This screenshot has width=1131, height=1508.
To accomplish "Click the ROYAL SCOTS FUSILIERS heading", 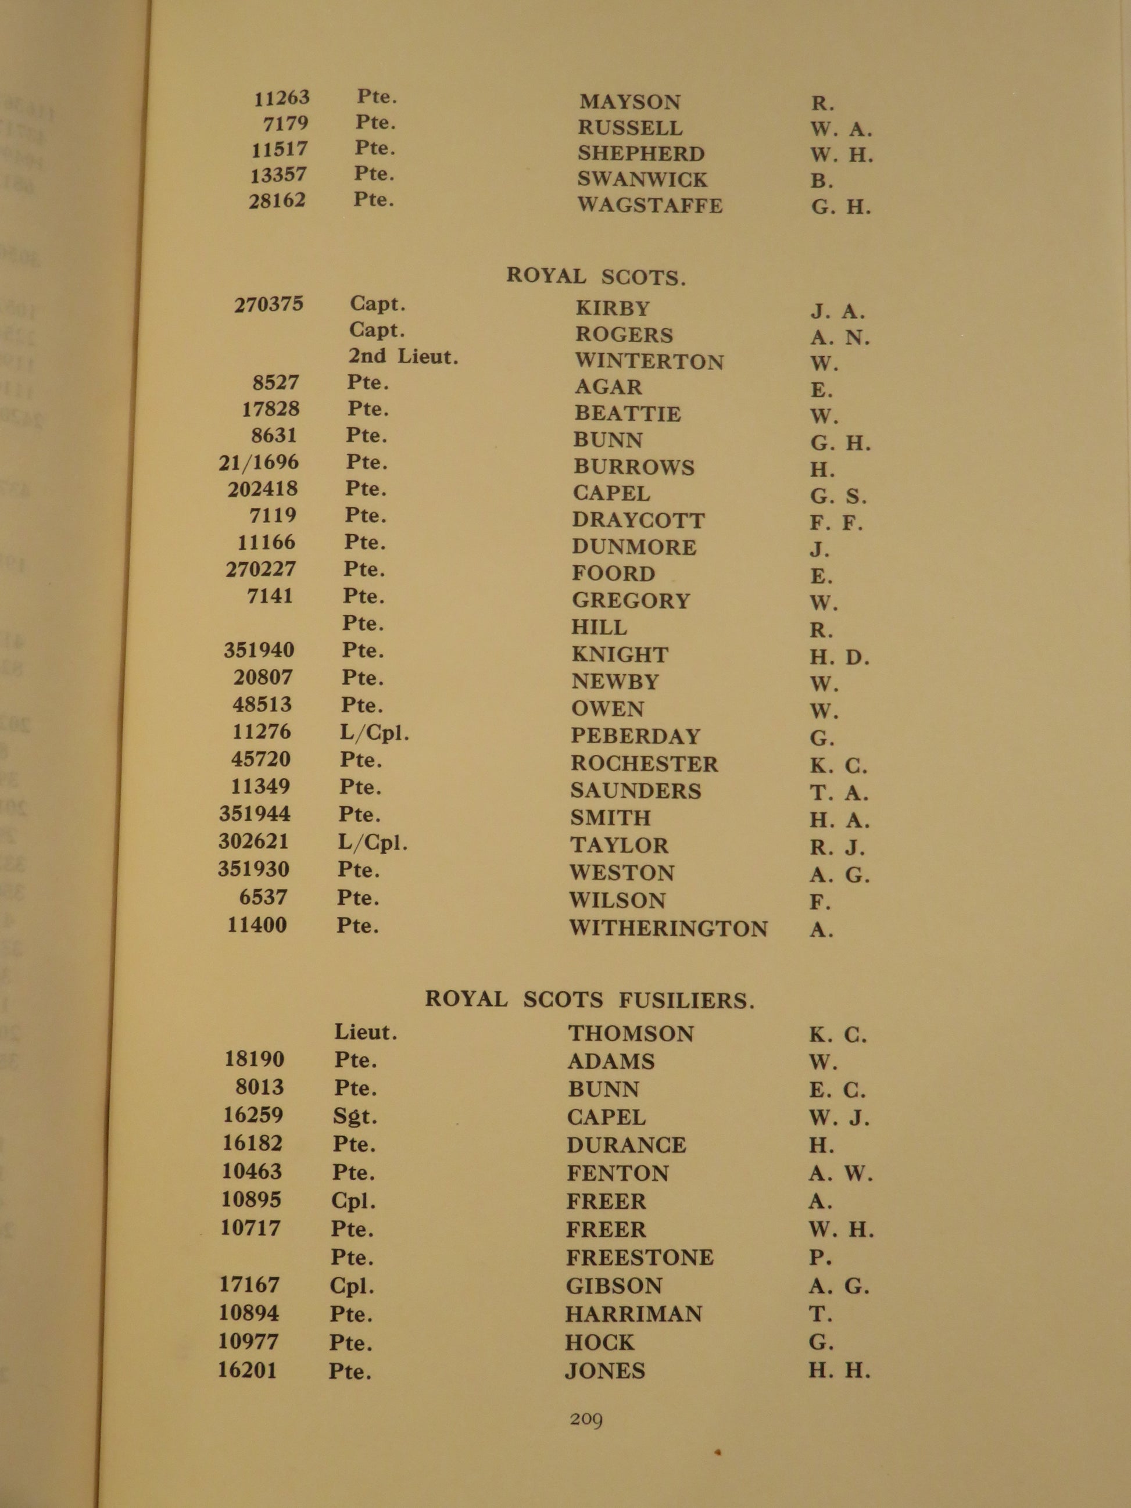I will pyautogui.click(x=590, y=1000).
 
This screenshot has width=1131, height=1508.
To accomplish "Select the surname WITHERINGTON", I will pyautogui.click(x=668, y=929).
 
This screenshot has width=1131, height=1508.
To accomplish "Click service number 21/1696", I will pyautogui.click(x=259, y=462).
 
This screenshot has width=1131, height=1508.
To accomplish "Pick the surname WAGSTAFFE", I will pyautogui.click(x=650, y=205).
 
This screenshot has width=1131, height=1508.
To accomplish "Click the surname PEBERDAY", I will pyautogui.click(x=635, y=736).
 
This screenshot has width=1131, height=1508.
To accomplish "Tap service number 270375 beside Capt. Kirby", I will pyautogui.click(x=269, y=304).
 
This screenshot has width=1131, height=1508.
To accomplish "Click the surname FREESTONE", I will pyautogui.click(x=639, y=1257).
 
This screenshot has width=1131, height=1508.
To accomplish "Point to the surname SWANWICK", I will pyautogui.click(x=642, y=180).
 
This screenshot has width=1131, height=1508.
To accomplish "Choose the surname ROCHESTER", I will pyautogui.click(x=644, y=764).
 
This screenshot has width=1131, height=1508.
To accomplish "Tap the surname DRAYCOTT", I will pyautogui.click(x=638, y=520).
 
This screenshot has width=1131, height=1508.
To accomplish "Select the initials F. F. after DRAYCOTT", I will pyautogui.click(x=836, y=523).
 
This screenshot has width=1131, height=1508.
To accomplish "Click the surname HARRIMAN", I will pyautogui.click(x=633, y=1314).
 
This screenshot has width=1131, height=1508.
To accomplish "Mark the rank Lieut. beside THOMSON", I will pyautogui.click(x=366, y=1032).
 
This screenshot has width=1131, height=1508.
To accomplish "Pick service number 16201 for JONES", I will pyautogui.click(x=248, y=1370).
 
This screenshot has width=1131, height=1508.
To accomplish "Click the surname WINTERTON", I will pyautogui.click(x=649, y=361).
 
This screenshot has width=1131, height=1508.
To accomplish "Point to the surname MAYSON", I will pyautogui.click(x=630, y=102).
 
